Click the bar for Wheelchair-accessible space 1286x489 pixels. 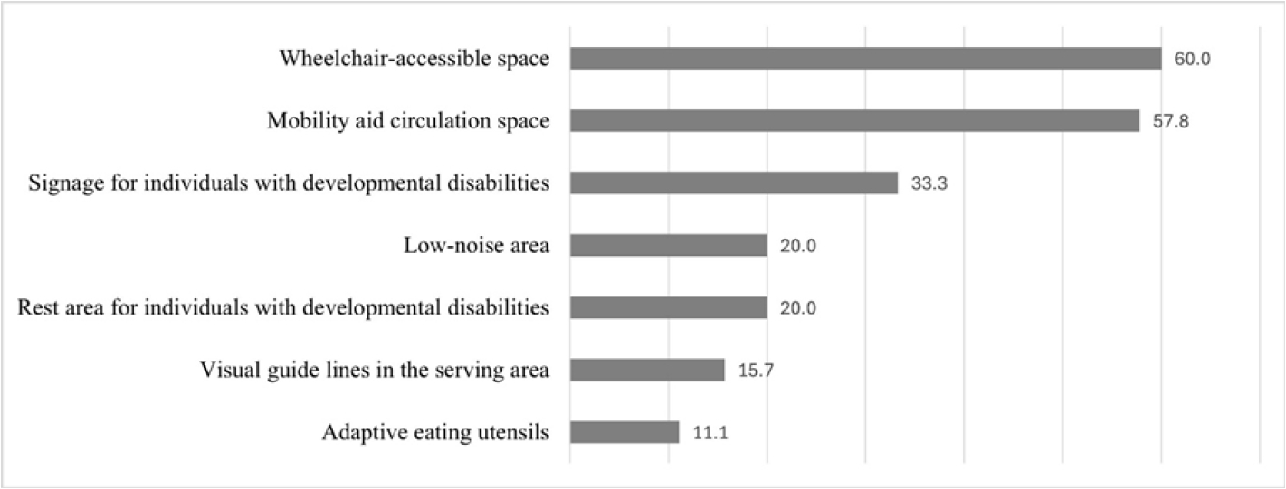865,59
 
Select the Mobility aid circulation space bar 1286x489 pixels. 854,121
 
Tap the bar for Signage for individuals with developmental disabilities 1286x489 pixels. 733,183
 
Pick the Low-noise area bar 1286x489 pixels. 668,246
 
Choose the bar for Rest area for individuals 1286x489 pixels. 668,308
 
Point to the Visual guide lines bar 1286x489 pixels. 647,371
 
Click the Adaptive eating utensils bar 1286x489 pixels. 624,433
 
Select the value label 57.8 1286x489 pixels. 1168,121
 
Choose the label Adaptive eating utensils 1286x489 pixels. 436,433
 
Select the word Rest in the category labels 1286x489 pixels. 36,308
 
